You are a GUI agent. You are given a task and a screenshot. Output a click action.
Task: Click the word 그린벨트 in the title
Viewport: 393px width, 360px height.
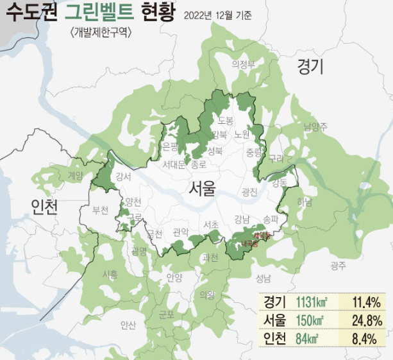(x=101, y=13)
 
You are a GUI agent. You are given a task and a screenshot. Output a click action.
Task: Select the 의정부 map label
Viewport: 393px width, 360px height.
(x=244, y=64)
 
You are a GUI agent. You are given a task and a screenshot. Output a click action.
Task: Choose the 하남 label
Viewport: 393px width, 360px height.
(x=304, y=203)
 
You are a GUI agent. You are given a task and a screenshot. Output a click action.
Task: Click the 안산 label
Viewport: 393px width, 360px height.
(x=128, y=325)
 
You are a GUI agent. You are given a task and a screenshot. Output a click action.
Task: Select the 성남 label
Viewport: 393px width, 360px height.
(x=263, y=278)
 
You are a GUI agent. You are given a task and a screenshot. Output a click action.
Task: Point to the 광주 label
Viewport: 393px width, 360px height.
(x=338, y=265)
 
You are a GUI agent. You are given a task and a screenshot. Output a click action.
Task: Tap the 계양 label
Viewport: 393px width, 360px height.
(x=75, y=175)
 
